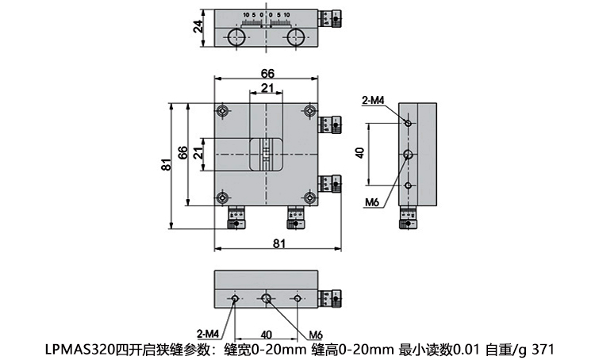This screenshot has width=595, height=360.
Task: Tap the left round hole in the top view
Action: tap(236, 38)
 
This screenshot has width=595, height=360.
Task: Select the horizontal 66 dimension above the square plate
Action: tap(267, 74)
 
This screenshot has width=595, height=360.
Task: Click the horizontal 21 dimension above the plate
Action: tap(267, 87)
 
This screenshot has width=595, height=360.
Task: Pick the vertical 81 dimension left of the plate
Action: tap(166, 165)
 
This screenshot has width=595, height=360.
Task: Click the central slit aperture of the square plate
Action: tap(267, 153)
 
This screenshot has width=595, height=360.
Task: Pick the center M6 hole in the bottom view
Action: tap(267, 299)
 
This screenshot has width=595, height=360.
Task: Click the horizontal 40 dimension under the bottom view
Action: tap(267, 334)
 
